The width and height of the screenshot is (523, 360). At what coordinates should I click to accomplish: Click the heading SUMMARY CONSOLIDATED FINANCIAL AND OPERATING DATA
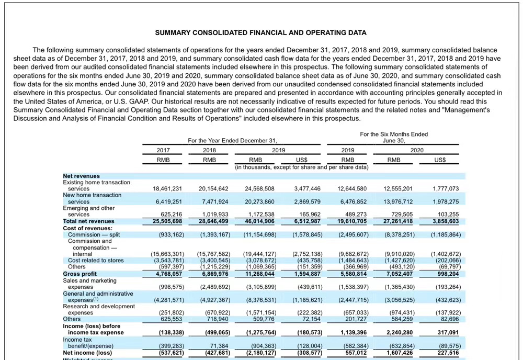pyautogui.click(x=261, y=32)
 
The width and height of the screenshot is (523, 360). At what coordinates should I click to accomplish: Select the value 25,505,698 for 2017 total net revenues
pyautogui.click(x=167, y=221)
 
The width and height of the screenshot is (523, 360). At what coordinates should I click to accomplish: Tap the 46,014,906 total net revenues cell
pyautogui.click(x=259, y=221)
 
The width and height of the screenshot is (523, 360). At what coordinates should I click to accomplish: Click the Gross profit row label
pyautogui.click(x=80, y=273)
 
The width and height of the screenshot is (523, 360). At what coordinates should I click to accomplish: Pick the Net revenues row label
pyautogui.click(x=81, y=176)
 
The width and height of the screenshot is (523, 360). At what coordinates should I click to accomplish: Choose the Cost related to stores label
pyautogui.click(x=96, y=260)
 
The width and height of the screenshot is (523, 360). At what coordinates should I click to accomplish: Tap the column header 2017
pyautogui.click(x=163, y=150)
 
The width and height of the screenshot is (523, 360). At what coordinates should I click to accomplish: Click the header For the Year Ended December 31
pyautogui.click(x=232, y=140)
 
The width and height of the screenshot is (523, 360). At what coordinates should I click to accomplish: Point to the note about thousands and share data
pyautogui.click(x=302, y=167)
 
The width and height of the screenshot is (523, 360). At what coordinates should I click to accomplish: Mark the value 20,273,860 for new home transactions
pyautogui.click(x=259, y=201)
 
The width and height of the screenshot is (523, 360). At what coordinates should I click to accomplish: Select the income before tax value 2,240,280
pyautogui.click(x=399, y=332)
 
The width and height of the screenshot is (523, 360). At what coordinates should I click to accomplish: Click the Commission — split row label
pyautogui.click(x=94, y=234)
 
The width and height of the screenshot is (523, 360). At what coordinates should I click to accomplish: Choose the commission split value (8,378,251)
pyautogui.click(x=400, y=234)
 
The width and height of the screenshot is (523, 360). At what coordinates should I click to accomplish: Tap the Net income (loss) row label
pyautogui.click(x=87, y=353)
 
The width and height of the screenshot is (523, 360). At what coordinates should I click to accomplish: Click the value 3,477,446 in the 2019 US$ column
pyautogui.click(x=308, y=188)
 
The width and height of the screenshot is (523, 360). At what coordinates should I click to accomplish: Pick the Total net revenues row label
pyautogui.click(x=88, y=221)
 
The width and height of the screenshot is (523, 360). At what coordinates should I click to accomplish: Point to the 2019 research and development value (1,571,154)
pyautogui.click(x=259, y=312)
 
